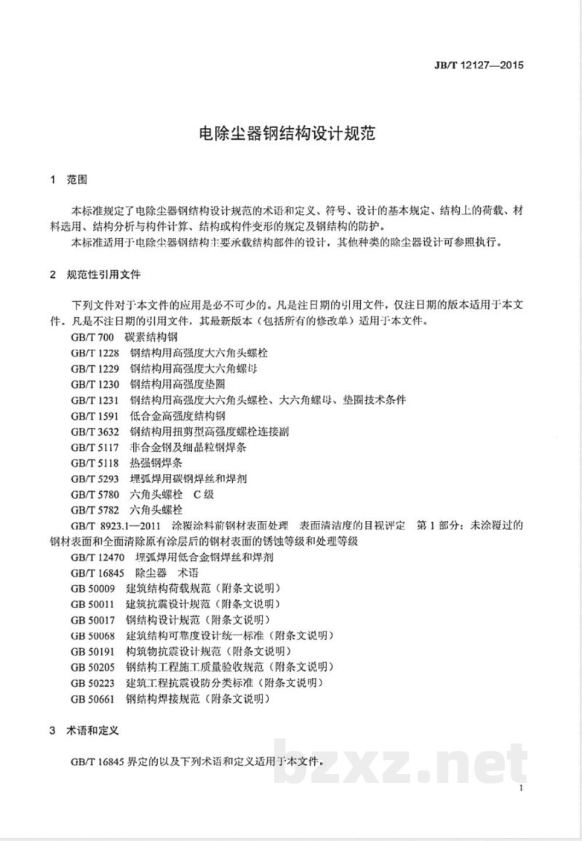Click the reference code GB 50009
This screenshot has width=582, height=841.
click(95, 589)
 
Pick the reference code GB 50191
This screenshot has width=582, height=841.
click(95, 651)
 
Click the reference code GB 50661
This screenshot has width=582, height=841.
click(95, 698)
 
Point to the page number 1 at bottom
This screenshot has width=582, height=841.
click(522, 789)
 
